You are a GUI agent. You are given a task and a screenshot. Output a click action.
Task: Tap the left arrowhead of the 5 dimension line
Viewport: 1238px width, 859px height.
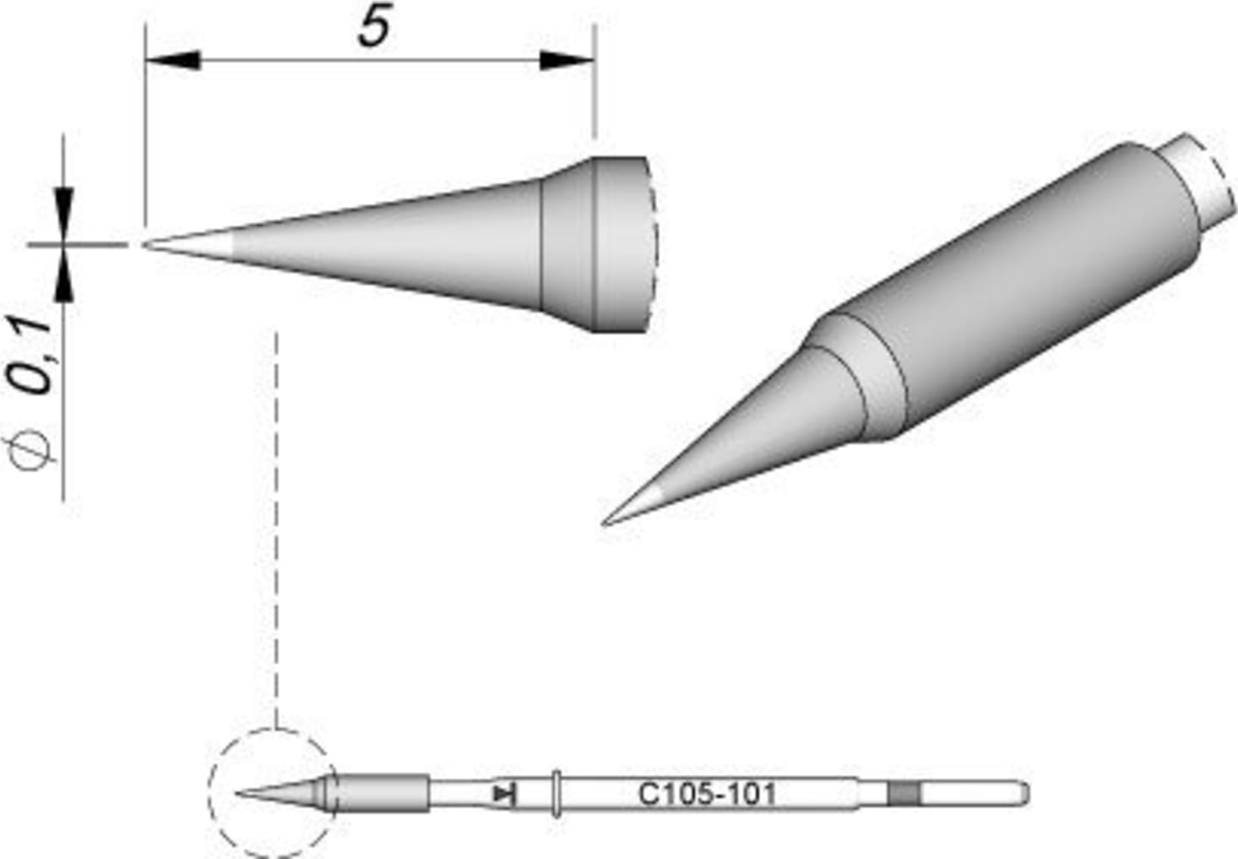click(172, 61)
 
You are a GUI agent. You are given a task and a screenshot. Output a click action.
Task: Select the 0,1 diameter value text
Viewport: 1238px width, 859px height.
click(34, 356)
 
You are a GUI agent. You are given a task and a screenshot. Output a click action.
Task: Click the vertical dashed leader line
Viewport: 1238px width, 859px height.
click(277, 524)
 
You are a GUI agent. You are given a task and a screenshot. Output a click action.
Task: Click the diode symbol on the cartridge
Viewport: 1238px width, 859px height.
click(505, 793)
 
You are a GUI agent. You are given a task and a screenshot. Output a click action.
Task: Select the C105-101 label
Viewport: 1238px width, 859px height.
click(706, 794)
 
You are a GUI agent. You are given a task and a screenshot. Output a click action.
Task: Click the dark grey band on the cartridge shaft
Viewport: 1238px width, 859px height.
click(903, 793)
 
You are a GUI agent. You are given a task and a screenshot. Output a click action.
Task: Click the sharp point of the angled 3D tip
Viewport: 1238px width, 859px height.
click(605, 523)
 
